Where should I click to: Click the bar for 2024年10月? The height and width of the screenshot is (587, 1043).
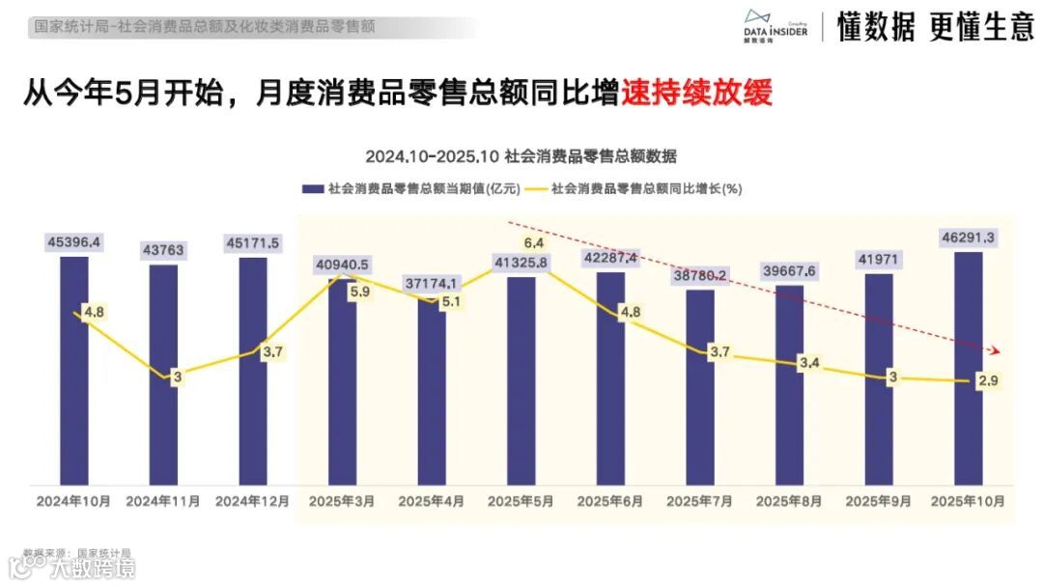pos(73,377)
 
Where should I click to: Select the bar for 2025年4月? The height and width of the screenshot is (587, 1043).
pos(432,396)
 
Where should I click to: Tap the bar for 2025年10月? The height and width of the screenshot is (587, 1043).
pos(969,372)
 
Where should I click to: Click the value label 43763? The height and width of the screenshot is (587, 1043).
pos(163,250)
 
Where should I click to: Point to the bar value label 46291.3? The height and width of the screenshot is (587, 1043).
pos(969,237)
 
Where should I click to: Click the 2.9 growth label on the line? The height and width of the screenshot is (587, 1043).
pos(987,381)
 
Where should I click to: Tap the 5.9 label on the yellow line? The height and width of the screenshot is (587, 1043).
pos(358,291)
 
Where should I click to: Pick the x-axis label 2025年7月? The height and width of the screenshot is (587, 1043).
pos(699,502)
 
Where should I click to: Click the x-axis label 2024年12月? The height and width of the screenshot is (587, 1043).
pos(252,502)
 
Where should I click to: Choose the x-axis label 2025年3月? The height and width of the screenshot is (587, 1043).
pos(342,502)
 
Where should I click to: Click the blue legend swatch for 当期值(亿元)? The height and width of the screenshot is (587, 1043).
pos(312,189)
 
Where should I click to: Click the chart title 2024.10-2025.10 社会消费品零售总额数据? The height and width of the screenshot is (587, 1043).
pos(521,156)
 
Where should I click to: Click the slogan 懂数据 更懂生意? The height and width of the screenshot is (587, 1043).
pos(934,28)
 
